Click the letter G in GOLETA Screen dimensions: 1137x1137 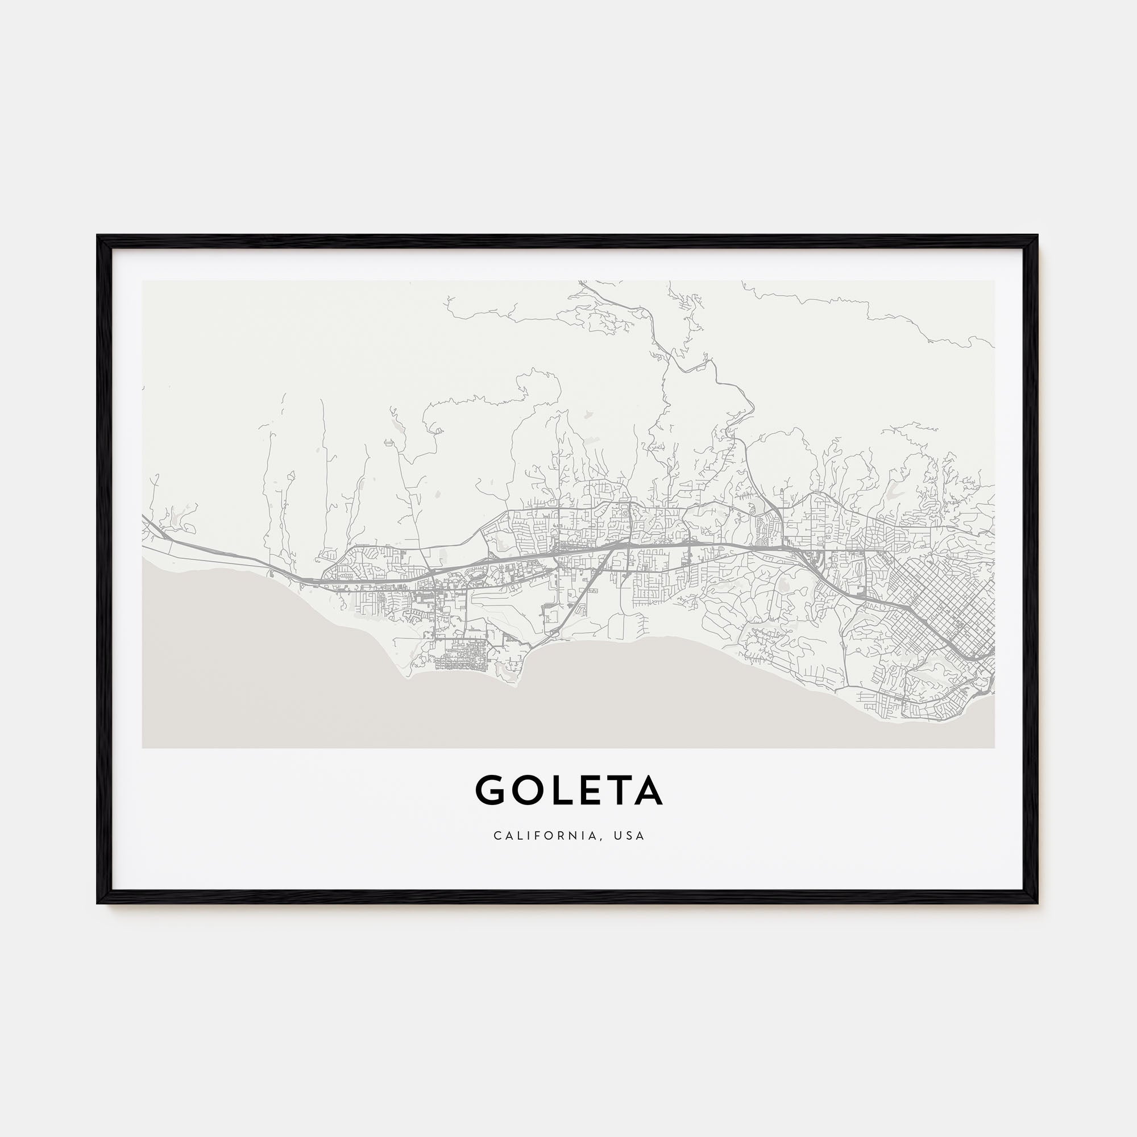click(x=490, y=790)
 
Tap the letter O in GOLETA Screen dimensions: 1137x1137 click(x=525, y=790)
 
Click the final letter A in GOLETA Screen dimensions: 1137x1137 click(x=648, y=790)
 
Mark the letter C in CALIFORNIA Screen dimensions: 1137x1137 click(x=497, y=836)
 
